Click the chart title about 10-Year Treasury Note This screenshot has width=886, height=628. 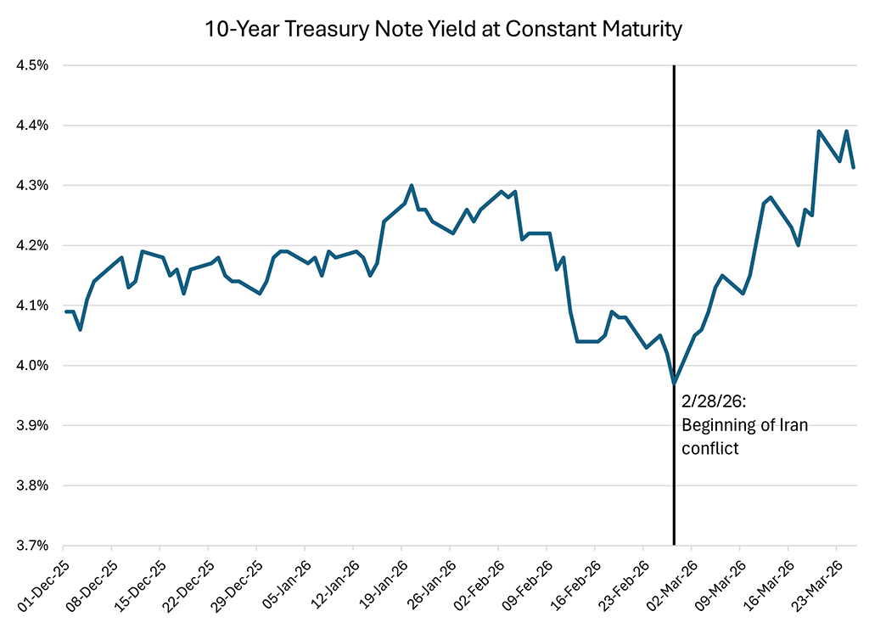[443, 30]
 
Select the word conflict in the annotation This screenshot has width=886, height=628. [710, 448]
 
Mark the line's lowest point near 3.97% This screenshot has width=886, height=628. [674, 384]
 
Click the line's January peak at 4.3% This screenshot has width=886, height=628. [412, 185]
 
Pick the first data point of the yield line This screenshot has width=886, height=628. [66, 311]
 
